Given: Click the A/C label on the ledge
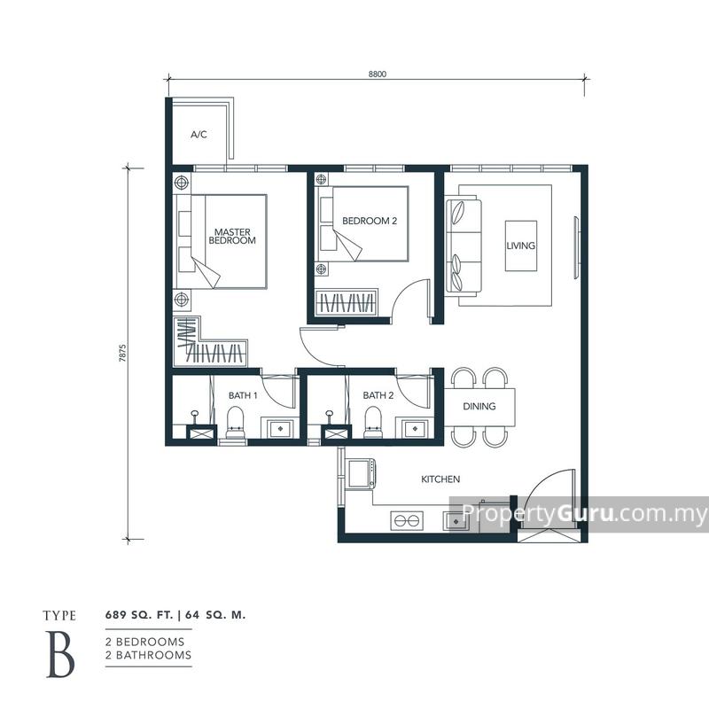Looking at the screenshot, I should point(199,135).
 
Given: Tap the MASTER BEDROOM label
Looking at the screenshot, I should point(234,236).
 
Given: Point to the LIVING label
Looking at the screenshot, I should point(521,245).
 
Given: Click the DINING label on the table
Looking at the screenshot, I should point(479,407).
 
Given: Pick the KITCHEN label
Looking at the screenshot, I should point(440,479).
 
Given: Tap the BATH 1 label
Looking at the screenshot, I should point(243,395).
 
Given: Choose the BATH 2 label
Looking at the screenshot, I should point(378,395).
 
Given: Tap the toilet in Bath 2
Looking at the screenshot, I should point(372,422).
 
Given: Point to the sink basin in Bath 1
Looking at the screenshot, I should point(281,428).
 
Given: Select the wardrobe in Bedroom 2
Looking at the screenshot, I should point(348,302).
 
